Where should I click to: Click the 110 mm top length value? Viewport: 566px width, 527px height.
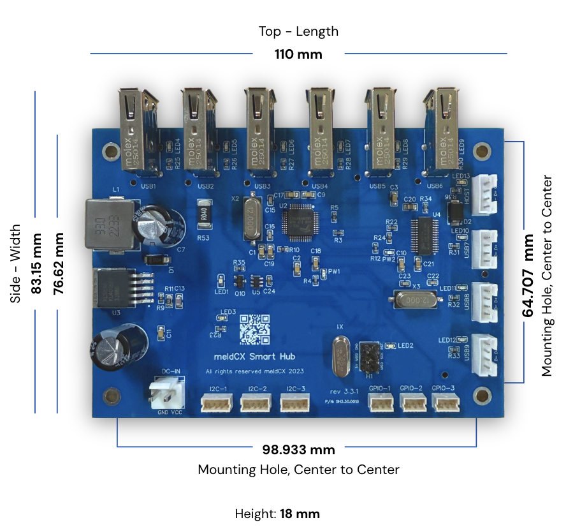pyautogui.click(x=298, y=54)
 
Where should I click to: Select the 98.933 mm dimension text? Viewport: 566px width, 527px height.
pyautogui.click(x=298, y=450)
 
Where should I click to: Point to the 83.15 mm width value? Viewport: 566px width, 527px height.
pyautogui.click(x=36, y=263)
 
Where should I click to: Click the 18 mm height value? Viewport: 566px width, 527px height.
pyautogui.click(x=300, y=514)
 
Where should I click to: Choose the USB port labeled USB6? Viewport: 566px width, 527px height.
pyautogui.click(x=442, y=131)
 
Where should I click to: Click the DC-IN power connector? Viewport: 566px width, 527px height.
pyautogui.click(x=167, y=393)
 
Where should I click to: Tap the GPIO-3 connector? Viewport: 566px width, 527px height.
pyautogui.click(x=444, y=402)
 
